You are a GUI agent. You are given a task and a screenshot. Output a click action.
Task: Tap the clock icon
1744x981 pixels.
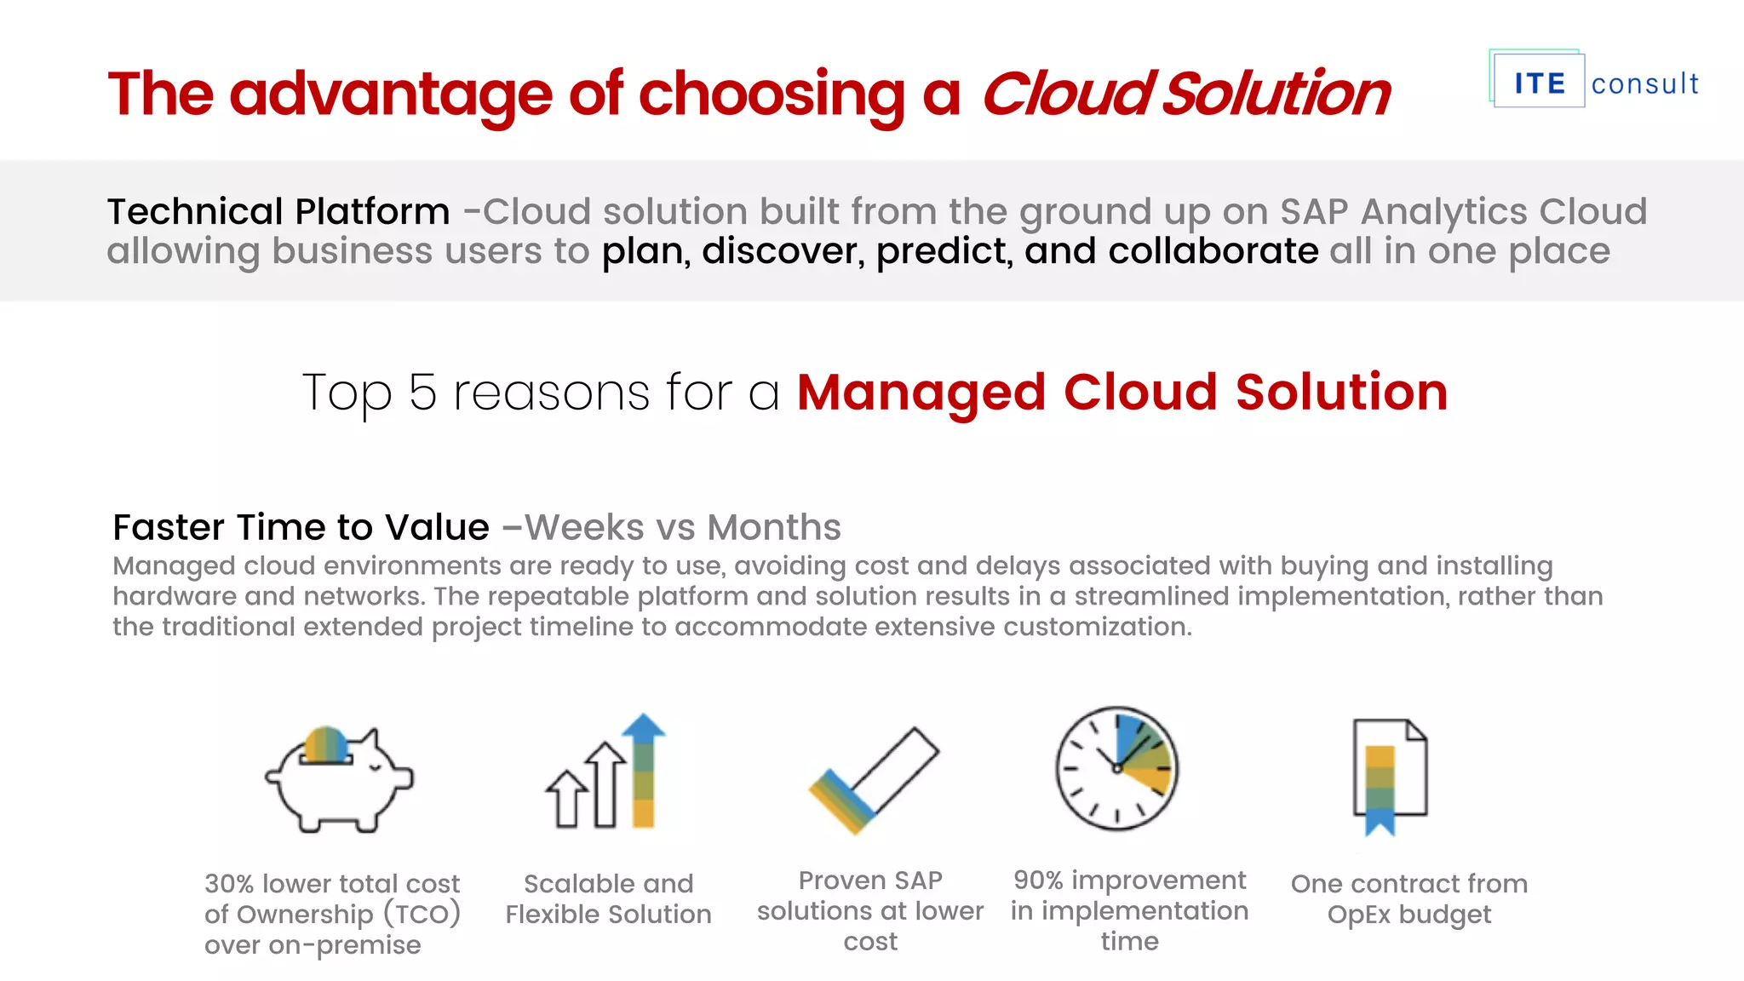[1116, 767]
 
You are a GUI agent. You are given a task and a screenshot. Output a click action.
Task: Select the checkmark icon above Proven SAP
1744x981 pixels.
[873, 780]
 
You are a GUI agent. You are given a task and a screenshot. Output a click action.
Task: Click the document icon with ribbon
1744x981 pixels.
[1390, 776]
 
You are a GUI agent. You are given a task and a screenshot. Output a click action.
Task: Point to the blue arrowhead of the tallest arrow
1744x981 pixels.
[644, 726]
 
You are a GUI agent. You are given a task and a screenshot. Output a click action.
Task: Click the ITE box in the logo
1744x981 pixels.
[1539, 83]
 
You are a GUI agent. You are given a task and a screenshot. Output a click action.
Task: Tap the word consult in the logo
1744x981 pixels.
[1644, 83]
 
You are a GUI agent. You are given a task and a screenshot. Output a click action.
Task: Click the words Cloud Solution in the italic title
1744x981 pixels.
[1185, 93]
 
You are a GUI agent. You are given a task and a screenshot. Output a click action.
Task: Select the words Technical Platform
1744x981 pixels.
[278, 211]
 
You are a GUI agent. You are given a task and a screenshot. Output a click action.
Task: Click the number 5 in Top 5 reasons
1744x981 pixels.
[422, 393]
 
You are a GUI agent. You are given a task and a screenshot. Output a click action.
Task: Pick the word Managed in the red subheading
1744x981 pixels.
[921, 393]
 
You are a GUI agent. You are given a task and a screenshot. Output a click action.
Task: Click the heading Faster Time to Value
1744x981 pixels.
[301, 527]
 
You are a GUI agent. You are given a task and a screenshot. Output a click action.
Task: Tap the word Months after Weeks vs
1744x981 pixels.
[773, 527]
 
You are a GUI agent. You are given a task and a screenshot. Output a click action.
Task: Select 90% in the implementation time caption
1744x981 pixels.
[1038, 880]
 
